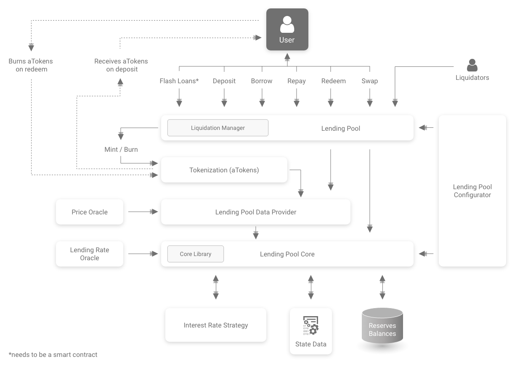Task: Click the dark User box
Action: coord(287,29)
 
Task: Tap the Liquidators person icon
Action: coord(472,65)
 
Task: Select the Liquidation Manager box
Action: coord(218,128)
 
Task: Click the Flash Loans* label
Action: coord(179,81)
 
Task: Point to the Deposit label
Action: coord(224,81)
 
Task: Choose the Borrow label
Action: coord(262,81)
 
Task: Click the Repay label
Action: coord(297,81)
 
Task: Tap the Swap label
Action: coord(369,81)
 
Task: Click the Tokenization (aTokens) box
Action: coord(224,170)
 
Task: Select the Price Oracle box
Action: coord(90,212)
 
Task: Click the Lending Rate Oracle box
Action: coord(90,254)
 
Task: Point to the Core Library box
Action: coord(195,254)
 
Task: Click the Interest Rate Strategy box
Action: coord(215,325)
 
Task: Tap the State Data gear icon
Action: coord(311,325)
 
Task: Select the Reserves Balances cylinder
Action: coord(382,326)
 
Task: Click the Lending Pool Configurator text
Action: coord(472,191)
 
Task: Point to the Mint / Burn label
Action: coord(121,149)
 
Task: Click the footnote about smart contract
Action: coord(53,354)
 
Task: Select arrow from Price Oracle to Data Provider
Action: coord(143,212)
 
